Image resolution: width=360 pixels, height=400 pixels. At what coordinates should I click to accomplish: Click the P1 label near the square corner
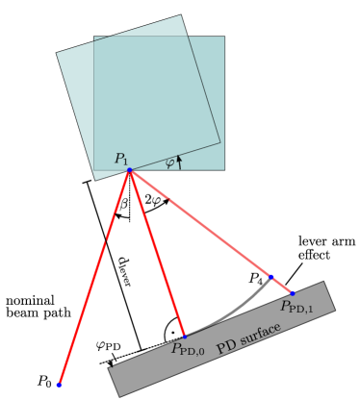point(121,159)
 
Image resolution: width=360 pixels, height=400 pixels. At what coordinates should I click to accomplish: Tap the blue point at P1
point(129,170)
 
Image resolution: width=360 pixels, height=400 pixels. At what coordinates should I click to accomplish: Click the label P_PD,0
point(189,349)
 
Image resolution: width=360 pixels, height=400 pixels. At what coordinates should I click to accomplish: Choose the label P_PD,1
point(296,307)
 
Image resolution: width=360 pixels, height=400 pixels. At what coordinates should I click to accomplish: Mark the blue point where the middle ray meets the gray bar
point(183,336)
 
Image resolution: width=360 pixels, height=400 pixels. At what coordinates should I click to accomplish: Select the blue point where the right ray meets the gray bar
point(292,292)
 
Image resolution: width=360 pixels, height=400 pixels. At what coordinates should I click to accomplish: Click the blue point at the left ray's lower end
point(60,385)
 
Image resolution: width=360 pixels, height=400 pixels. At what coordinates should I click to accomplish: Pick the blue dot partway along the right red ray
point(270,277)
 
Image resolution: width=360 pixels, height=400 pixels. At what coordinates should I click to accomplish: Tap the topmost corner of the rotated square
point(181,14)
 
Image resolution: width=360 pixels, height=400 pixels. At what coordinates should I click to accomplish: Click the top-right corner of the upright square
point(224,37)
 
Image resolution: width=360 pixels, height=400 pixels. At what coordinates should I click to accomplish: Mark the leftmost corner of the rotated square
point(57,52)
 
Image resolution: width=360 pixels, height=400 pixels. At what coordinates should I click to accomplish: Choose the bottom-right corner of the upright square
point(224,170)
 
